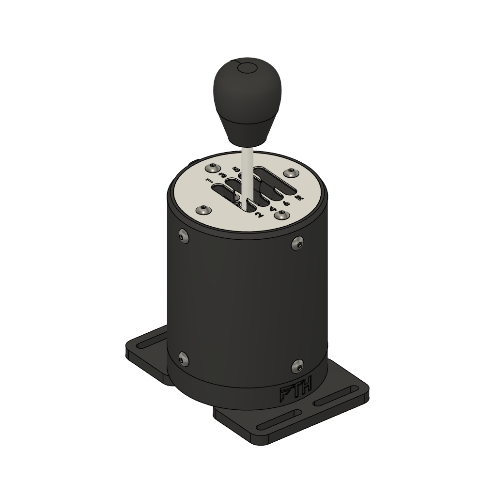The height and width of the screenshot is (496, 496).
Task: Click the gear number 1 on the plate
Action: click(209, 182)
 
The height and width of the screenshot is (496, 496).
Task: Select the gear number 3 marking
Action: click(223, 174)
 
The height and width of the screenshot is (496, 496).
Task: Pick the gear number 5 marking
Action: click(236, 169)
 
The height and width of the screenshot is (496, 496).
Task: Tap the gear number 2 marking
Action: click(258, 216)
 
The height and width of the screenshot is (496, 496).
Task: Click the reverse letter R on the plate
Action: click(299, 198)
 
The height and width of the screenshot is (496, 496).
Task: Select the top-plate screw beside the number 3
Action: click(212, 168)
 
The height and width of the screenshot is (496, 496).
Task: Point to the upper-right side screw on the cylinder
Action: click(297, 243)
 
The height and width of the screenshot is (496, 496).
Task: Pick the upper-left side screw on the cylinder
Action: click(183, 235)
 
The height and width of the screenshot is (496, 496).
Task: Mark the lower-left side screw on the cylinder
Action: click(183, 358)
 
